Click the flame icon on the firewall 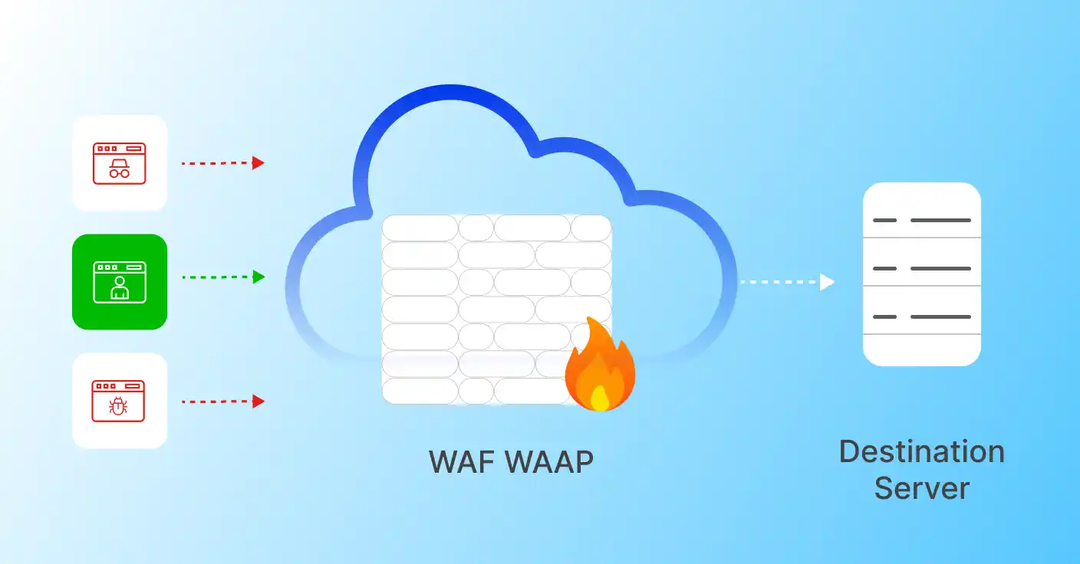click(600, 366)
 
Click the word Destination click(921, 451)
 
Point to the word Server click(921, 488)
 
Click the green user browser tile click(120, 282)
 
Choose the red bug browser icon click(119, 400)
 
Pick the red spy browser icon click(119, 163)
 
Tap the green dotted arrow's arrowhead click(259, 277)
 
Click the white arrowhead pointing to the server click(827, 282)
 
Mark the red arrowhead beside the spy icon click(258, 162)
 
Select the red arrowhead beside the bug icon click(258, 401)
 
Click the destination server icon click(921, 274)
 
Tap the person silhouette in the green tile click(119, 287)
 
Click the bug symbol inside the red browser click(118, 406)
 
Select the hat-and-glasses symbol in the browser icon click(119, 169)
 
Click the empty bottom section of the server click(921, 350)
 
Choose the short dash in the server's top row click(884, 220)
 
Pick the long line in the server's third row click(940, 316)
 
